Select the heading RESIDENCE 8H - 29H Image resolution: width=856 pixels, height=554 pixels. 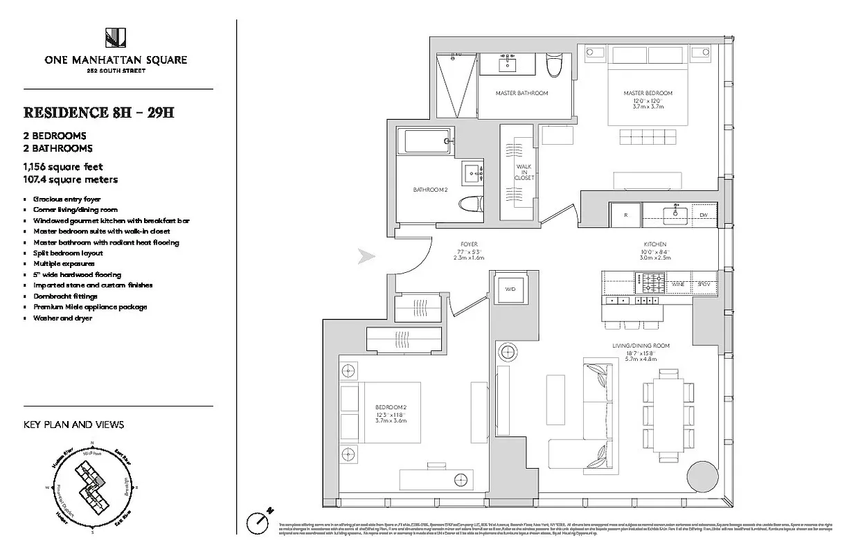(x=98, y=112)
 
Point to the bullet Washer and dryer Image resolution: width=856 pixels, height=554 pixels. (x=62, y=318)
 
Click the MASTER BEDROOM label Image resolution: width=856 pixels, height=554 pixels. (x=647, y=93)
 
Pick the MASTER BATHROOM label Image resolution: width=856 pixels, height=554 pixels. (x=521, y=93)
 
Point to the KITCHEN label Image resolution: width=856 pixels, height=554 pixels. (x=654, y=244)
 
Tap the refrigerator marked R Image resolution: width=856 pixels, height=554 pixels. (x=625, y=215)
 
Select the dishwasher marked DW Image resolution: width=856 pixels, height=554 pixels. (x=704, y=215)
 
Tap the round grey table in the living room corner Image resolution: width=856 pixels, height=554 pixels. (x=702, y=479)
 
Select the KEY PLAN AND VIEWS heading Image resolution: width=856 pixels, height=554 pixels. (x=73, y=425)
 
